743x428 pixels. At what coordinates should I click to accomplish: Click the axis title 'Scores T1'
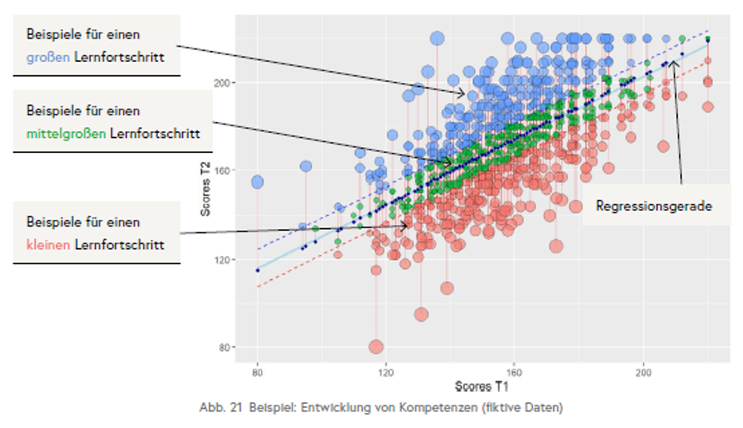pyautogui.click(x=481, y=386)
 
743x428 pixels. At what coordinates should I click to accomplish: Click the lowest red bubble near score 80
pyautogui.click(x=376, y=347)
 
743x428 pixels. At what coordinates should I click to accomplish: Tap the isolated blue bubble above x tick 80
pyautogui.click(x=257, y=182)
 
